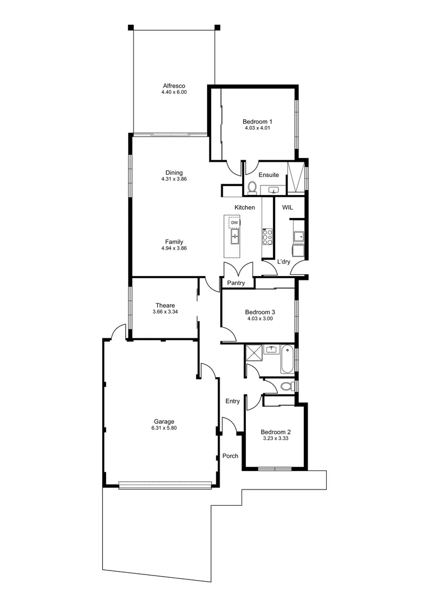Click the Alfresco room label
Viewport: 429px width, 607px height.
point(174,85)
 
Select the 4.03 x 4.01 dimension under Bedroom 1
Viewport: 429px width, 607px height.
point(257,128)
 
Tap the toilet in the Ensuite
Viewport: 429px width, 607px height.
point(252,187)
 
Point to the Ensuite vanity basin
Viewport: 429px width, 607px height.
point(273,190)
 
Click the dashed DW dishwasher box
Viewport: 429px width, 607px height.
point(235,223)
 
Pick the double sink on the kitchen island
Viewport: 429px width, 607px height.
point(235,237)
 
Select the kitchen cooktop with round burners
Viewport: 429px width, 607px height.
point(267,236)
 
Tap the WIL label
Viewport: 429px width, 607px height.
point(287,207)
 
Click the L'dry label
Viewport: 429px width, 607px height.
point(284,262)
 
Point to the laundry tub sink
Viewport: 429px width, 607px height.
point(297,236)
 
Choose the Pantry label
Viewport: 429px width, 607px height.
point(236,283)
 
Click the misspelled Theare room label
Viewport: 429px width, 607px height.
point(165,305)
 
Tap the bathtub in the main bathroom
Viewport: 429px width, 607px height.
point(287,360)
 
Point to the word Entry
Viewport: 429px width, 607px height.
point(232,401)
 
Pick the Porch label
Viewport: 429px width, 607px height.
point(230,456)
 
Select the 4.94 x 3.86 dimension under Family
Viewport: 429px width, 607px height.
point(174,248)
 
